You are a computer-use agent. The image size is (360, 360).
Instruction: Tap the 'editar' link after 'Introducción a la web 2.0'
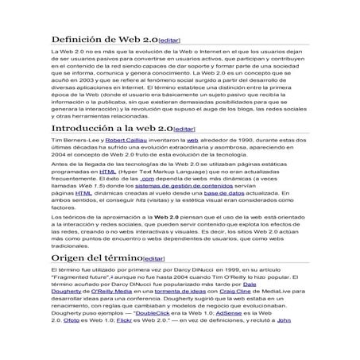pyautogui.click(x=184, y=129)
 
